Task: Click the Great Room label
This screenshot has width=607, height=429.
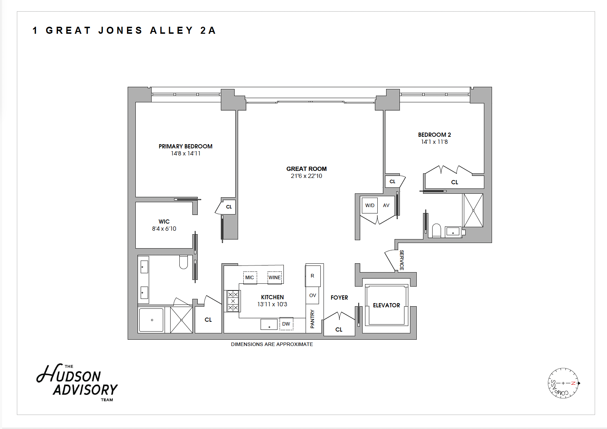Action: point(306,169)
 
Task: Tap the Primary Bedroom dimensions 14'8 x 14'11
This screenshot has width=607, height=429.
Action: point(186,153)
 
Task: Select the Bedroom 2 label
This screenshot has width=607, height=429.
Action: point(434,135)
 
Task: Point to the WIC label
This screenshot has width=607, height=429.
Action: point(164,222)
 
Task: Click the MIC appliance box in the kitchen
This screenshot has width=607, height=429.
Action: point(250,277)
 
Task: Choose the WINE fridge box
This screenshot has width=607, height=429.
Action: point(275,277)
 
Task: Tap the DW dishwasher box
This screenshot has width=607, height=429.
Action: point(286,324)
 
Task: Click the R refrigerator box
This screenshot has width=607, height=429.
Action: point(312,276)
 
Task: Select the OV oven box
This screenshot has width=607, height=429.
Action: point(313,295)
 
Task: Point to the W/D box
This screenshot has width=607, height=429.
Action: point(370,205)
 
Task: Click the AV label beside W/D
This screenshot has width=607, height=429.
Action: point(386,205)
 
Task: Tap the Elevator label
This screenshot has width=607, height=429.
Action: point(386,305)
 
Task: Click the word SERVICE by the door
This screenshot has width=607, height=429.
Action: point(402,260)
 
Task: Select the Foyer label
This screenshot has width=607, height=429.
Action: point(339,297)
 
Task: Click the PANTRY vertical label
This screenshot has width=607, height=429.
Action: point(312,319)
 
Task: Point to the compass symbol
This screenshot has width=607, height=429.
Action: point(563,383)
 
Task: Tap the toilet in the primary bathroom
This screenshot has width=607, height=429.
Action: point(184,262)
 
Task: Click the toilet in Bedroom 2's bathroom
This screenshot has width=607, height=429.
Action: point(436,230)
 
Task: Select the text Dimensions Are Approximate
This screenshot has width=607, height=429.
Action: point(272,344)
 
